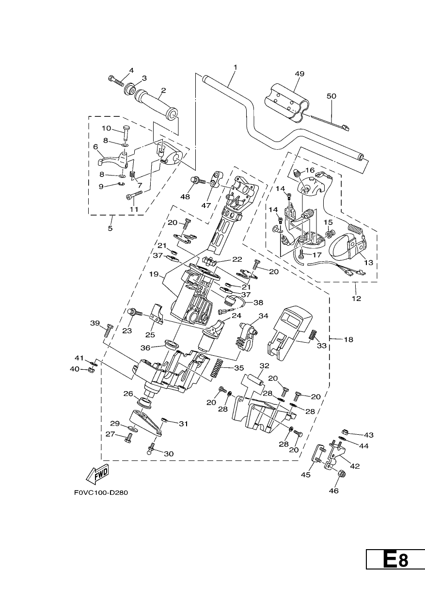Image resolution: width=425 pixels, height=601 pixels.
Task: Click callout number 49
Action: point(299,74)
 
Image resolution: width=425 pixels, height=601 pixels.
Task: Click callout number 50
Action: point(331,96)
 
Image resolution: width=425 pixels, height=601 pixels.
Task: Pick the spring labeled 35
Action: point(217,368)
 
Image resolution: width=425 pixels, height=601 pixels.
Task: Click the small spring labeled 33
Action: point(313,334)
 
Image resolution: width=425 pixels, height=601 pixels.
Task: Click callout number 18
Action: point(348,339)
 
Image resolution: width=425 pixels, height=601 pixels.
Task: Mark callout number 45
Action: point(306,474)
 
